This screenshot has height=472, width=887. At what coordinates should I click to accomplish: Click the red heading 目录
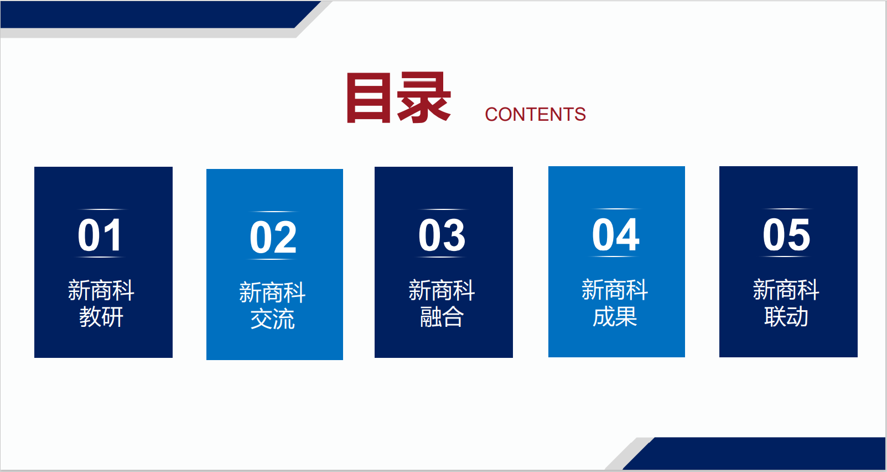(x=399, y=98)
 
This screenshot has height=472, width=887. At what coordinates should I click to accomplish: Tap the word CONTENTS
(x=536, y=115)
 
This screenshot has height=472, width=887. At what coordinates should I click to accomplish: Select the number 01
(x=100, y=235)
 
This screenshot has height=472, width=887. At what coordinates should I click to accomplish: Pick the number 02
(x=273, y=238)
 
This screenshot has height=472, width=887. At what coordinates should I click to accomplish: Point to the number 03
(x=442, y=235)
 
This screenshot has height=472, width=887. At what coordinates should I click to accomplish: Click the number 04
(x=616, y=234)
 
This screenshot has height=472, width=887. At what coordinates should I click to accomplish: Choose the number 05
(x=786, y=234)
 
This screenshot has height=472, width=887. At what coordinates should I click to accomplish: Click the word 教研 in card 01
(x=101, y=317)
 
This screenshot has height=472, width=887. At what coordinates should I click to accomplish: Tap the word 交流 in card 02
(x=272, y=319)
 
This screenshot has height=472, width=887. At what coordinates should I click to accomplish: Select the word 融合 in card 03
(x=442, y=317)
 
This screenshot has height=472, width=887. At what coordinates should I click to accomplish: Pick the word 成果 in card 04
(x=615, y=316)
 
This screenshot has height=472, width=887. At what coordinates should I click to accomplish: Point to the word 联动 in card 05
(x=786, y=316)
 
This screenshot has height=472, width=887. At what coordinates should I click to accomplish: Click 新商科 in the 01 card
(x=101, y=290)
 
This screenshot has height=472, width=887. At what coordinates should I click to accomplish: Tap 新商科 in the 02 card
(x=272, y=293)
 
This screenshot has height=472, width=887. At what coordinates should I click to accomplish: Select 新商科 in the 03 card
(x=442, y=290)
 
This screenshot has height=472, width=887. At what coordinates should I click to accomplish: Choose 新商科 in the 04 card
(x=615, y=290)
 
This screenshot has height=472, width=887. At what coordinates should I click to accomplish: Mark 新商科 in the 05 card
(x=786, y=290)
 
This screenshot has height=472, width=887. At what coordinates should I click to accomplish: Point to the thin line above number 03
(x=444, y=209)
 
